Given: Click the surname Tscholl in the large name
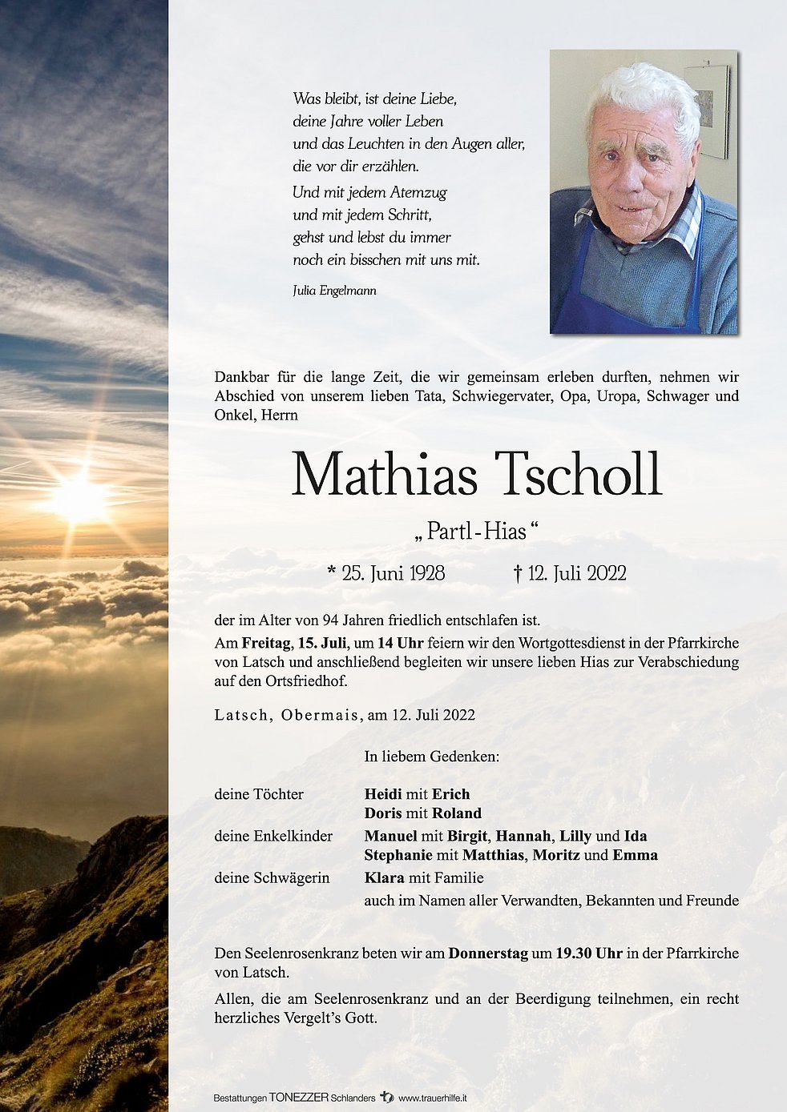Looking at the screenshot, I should point(579,475).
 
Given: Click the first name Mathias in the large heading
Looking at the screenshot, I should point(385,475).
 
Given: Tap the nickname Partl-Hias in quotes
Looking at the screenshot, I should point(477,531).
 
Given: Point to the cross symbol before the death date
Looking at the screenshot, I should point(518,573).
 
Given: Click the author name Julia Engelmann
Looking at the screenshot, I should point(334,291).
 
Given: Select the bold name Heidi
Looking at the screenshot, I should point(383,794).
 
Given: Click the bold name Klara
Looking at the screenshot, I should point(384,877).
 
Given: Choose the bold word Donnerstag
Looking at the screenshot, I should point(488,953).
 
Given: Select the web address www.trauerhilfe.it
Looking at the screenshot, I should point(433,1098).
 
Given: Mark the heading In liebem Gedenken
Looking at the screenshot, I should point(431,757).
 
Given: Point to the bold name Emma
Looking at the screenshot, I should point(636,855).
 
